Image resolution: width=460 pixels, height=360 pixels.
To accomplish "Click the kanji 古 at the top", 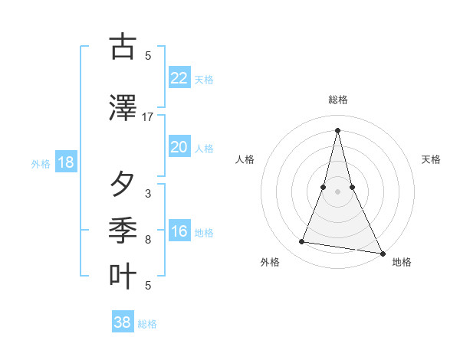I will [123, 47].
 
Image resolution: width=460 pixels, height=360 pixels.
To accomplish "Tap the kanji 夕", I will [123, 184].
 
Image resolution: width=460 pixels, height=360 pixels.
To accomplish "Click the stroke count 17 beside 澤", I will [148, 117].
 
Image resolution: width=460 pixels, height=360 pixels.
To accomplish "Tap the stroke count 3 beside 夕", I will [148, 194].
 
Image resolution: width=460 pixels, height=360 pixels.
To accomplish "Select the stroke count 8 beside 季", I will [148, 240].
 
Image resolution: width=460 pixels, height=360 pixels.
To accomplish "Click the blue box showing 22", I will [179, 77].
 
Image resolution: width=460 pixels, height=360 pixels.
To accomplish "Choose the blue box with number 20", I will [179, 147].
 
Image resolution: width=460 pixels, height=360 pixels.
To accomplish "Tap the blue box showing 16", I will [179, 231].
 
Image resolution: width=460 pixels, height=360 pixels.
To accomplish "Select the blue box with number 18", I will [65, 162].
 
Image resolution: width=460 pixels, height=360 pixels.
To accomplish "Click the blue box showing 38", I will [123, 322].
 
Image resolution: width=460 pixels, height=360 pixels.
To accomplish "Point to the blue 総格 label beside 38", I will [147, 324].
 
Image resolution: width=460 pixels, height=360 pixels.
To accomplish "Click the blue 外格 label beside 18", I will [41, 163].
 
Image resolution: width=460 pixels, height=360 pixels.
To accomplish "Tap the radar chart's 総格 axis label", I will [337, 100].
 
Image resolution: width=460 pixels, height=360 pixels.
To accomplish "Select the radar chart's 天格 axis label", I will [432, 159].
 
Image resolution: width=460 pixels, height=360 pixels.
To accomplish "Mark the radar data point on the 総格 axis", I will [337, 130].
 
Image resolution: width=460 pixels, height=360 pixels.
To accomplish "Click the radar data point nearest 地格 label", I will [382, 253].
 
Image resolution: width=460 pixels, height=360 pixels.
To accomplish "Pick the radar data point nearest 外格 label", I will [302, 242].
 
